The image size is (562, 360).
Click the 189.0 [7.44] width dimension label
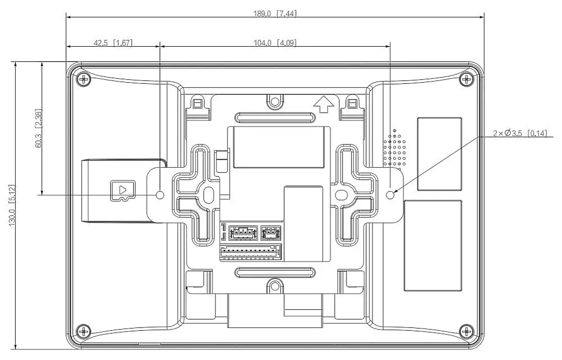[x=275, y=13]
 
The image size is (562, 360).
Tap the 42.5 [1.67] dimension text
[x=114, y=43]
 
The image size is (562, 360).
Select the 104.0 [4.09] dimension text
[x=275, y=43]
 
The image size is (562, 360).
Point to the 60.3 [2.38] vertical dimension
[x=39, y=128]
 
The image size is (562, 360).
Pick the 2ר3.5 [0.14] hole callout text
[x=520, y=133]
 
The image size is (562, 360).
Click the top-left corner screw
[x=84, y=79]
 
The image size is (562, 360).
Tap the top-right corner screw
[x=466, y=79]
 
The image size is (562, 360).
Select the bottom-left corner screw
[x=84, y=331]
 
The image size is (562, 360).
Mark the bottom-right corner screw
[x=466, y=331]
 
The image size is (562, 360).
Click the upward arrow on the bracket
[x=324, y=104]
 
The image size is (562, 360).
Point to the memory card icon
[x=123, y=190]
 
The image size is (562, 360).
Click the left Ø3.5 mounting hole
[x=161, y=195]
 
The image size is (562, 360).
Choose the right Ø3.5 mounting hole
[x=391, y=195]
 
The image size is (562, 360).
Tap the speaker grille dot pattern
[x=395, y=149]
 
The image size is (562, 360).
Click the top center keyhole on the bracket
[x=275, y=101]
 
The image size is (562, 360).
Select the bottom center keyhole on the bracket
[x=275, y=285]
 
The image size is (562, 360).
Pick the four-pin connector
[x=243, y=233]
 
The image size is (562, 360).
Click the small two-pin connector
[x=271, y=233]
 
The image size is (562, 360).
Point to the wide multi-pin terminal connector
[x=250, y=252]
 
